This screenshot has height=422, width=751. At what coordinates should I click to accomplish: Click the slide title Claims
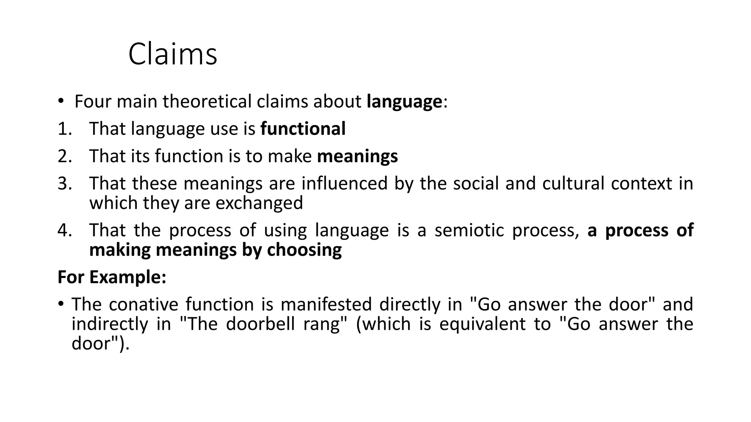[172, 54]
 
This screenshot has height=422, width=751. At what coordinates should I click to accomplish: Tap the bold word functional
[303, 129]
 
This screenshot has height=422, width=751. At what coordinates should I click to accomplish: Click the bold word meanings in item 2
[357, 156]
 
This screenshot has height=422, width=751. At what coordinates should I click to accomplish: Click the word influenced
[344, 184]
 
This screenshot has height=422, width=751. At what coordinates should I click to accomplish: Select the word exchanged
[259, 203]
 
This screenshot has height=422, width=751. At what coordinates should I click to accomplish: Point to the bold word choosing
[304, 250]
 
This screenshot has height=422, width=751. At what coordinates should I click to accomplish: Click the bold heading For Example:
[112, 277]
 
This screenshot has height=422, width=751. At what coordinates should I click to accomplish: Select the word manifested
[326, 304]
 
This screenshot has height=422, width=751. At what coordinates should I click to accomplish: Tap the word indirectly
[109, 324]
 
